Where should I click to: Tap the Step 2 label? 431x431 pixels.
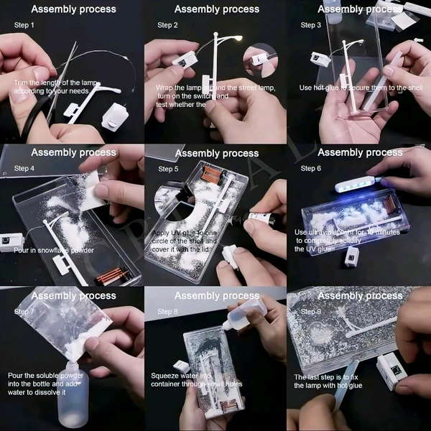click(167, 25)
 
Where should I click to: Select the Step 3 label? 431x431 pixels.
click(310, 25)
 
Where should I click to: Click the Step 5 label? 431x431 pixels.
click(167, 170)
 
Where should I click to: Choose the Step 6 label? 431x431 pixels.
click(310, 169)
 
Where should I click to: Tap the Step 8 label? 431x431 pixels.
click(167, 312)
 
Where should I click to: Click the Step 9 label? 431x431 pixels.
click(310, 311)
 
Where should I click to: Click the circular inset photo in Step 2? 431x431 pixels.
click(260, 60)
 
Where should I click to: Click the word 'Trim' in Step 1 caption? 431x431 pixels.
click(21, 83)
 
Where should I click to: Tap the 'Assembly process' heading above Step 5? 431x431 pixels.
click(216, 153)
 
